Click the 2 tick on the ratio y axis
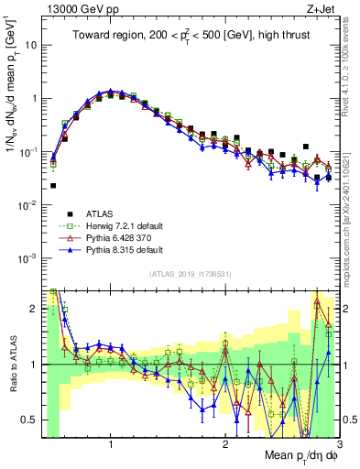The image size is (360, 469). (36, 309)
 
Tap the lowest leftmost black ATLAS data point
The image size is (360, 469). (53, 185)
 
